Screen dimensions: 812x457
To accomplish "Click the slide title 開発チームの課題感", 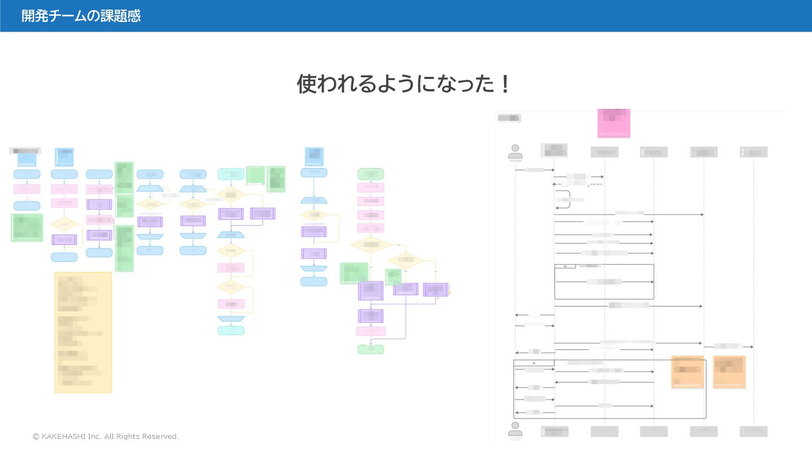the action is tap(81, 16).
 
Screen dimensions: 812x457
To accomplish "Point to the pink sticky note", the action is tap(614, 122).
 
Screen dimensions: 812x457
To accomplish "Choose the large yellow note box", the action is tap(83, 332).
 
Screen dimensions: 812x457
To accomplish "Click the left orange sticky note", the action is tap(687, 372).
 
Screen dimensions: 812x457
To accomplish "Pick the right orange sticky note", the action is tap(729, 372).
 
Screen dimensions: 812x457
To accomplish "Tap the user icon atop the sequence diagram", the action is tap(515, 152).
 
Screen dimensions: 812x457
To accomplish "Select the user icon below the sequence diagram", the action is tap(515, 429).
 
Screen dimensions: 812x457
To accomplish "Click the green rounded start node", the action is tap(370, 174).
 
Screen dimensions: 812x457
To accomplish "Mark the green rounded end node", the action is tap(370, 349).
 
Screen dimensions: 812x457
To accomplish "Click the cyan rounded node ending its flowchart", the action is tap(231, 331).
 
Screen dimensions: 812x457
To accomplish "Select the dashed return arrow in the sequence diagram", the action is tap(577, 184).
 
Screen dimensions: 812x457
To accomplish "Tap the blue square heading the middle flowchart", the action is tap(314, 156).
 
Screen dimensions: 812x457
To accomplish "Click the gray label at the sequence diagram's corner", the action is tap(509, 118).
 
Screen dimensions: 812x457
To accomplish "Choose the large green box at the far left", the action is tap(27, 227).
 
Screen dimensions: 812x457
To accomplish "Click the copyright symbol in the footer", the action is tap(36, 437).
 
